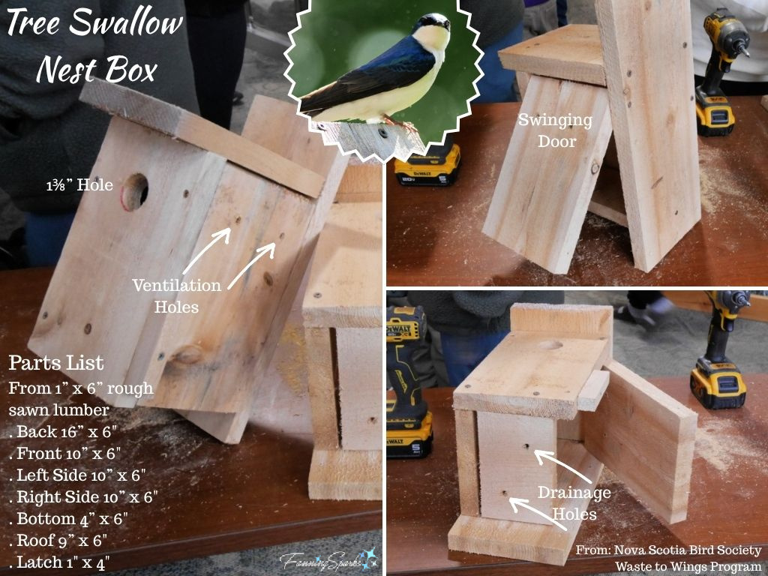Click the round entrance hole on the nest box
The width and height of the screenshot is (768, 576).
pyautogui.click(x=134, y=191)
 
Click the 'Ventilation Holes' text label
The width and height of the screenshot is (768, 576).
pyautogui.click(x=177, y=295)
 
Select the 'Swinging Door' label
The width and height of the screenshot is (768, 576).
pyautogui.click(x=554, y=130)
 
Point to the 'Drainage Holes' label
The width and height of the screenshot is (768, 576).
pyautogui.click(x=574, y=503)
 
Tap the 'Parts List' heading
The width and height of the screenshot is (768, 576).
pyautogui.click(x=56, y=364)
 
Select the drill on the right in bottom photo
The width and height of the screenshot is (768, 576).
pyautogui.click(x=718, y=352)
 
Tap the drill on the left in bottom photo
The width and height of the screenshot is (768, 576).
pyautogui.click(x=408, y=382)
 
